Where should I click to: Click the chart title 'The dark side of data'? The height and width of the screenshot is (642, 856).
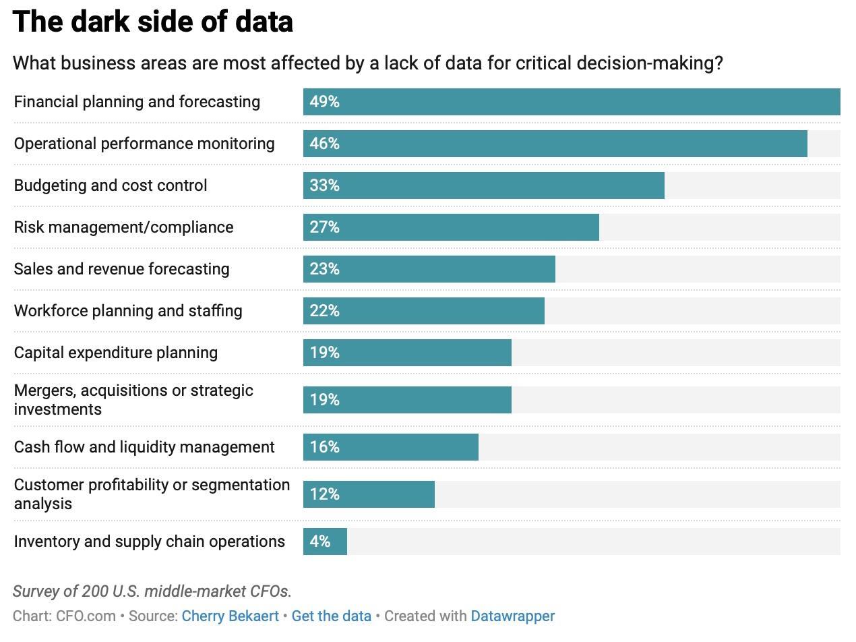click(153, 22)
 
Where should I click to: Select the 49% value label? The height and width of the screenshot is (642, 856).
click(324, 102)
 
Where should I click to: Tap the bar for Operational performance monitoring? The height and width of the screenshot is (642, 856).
click(555, 144)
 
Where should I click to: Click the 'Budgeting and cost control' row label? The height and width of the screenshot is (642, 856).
click(111, 185)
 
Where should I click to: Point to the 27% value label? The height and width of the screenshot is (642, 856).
click(324, 227)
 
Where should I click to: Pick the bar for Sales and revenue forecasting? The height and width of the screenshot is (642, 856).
click(429, 269)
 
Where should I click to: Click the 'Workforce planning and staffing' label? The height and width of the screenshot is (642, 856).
click(128, 311)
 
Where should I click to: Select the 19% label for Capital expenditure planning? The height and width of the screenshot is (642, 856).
click(324, 353)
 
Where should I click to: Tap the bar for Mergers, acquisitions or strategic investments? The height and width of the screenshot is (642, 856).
click(407, 400)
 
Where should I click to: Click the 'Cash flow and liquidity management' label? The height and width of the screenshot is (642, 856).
click(144, 447)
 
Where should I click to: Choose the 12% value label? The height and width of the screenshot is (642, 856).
click(324, 494)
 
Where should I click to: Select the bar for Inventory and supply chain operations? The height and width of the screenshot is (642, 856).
click(325, 542)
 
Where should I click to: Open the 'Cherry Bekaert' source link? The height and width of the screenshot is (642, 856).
click(230, 616)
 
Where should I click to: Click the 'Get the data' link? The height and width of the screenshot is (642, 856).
click(331, 616)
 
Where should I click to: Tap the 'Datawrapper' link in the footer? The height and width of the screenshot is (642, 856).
click(512, 616)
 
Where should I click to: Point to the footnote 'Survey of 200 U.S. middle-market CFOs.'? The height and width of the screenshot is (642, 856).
click(152, 591)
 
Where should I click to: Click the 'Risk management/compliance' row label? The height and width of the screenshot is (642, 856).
click(123, 227)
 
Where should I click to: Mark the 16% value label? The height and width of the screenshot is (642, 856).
click(324, 447)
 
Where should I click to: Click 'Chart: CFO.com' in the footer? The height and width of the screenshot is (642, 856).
click(64, 616)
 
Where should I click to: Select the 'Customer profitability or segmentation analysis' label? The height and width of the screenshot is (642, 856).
click(152, 494)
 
